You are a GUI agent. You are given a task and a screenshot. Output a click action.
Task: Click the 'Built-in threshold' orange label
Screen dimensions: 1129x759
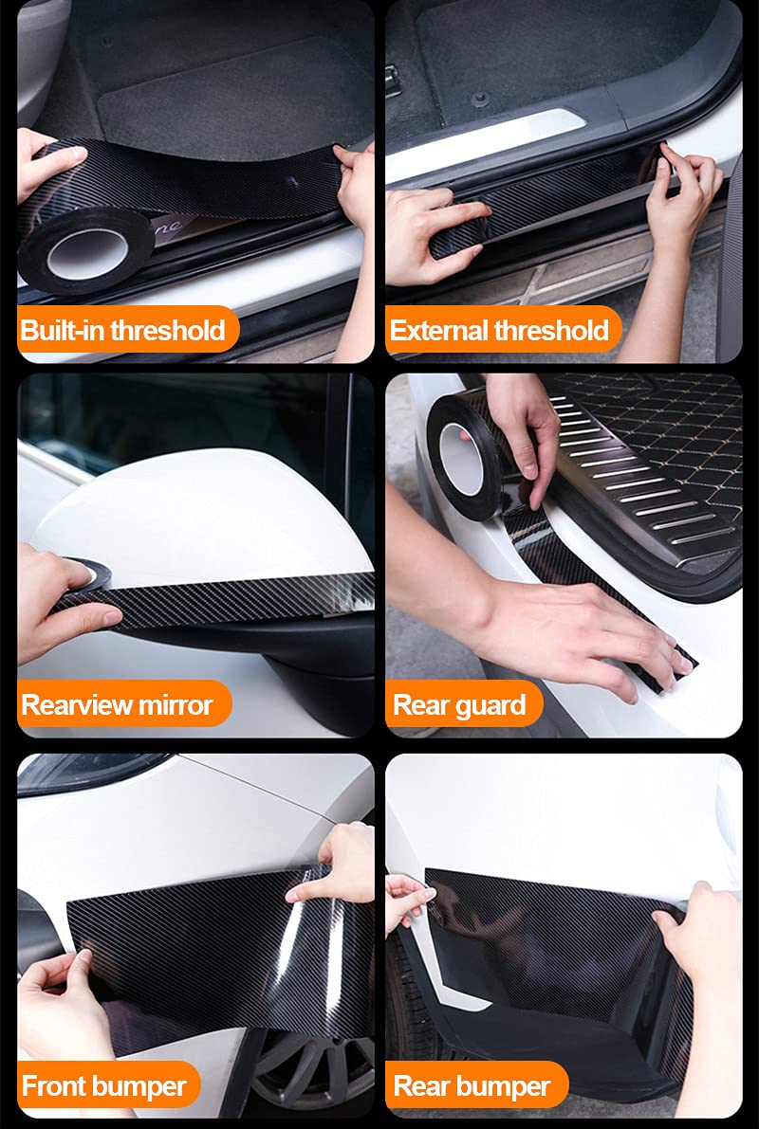pos(123,330)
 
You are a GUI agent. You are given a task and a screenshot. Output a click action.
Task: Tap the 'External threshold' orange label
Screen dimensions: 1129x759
pos(499,330)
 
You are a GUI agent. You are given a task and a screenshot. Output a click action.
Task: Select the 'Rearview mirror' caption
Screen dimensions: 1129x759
pos(118,704)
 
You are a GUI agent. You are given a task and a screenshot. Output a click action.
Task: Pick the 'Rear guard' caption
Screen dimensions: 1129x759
pos(459,704)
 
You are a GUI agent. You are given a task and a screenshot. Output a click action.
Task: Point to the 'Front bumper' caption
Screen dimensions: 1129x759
pos(104,1085)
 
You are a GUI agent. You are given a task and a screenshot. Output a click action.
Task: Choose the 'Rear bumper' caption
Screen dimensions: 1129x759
pos(472,1085)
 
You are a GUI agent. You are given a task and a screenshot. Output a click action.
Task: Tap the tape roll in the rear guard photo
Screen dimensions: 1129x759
pos(466,457)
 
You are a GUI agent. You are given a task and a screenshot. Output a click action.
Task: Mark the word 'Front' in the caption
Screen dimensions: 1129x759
pos(58,1085)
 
